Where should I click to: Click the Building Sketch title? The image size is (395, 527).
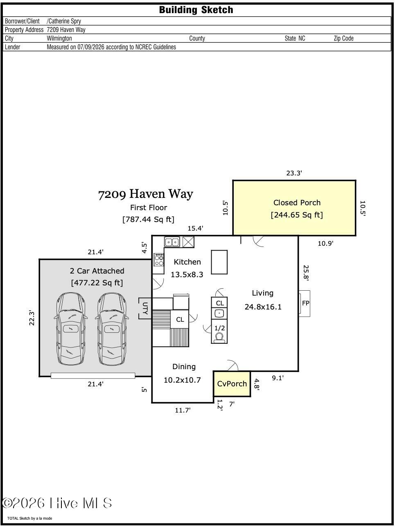tap(196, 10)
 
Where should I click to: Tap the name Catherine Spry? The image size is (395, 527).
tap(65, 21)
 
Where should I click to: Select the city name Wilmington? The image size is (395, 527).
tap(59, 38)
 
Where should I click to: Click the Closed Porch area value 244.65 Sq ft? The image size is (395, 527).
tap(297, 215)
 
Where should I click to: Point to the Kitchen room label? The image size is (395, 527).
tap(187, 262)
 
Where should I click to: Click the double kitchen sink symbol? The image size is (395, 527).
tap(172, 242)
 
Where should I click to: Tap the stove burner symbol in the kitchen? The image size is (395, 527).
tap(158, 260)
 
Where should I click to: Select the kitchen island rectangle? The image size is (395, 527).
tap(219, 262)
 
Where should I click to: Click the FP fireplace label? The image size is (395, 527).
tap(306, 303)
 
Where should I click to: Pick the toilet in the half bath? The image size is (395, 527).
tap(219, 337)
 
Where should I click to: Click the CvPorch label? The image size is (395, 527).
tap(232, 383)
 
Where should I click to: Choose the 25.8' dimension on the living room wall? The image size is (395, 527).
tap(306, 273)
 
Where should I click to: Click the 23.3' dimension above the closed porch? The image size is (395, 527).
tap(294, 173)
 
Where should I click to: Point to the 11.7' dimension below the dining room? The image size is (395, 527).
tap(183, 410)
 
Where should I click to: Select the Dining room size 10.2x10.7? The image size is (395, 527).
tap(182, 380)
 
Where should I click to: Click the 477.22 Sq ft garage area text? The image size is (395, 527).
tap(97, 283)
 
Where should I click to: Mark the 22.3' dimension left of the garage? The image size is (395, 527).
tap(32, 318)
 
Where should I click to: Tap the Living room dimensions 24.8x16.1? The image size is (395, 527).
tap(263, 307)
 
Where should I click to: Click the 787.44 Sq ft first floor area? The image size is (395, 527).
tap(148, 220)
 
